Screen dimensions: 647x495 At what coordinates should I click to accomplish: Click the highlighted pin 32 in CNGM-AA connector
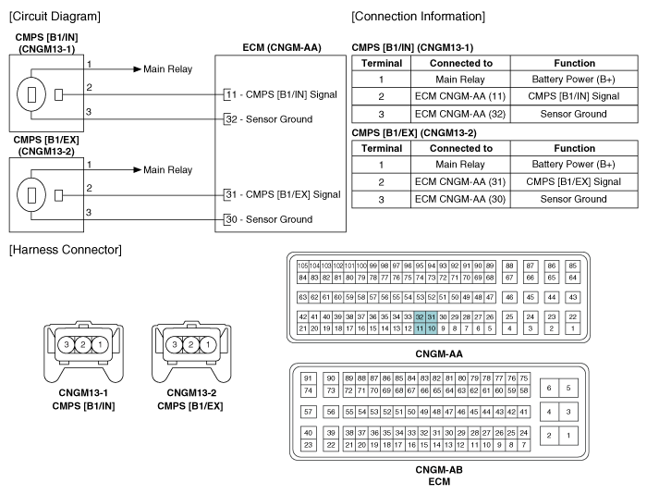(x=420, y=317)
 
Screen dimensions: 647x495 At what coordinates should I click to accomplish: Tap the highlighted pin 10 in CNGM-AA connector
(x=432, y=328)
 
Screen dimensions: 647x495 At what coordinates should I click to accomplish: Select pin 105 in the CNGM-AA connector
(x=302, y=266)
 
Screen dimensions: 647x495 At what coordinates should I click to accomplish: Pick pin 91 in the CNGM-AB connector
(x=308, y=378)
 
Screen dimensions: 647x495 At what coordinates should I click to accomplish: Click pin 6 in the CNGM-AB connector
(x=549, y=388)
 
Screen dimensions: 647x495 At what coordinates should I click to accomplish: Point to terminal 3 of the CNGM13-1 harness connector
(x=66, y=344)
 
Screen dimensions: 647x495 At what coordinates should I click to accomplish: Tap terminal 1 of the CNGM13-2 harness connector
(x=208, y=344)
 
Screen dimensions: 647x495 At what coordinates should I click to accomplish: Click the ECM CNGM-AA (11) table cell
(x=460, y=96)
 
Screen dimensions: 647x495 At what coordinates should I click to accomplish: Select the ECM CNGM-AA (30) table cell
(x=460, y=199)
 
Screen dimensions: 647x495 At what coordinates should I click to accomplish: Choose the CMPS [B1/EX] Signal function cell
(x=574, y=181)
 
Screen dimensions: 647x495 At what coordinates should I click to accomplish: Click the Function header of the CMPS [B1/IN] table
(x=574, y=63)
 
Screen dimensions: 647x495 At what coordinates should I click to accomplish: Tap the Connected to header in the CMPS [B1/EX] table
(x=461, y=148)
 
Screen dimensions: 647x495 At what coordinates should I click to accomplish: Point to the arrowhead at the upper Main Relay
(x=138, y=69)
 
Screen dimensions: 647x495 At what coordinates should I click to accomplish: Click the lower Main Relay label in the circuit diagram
(x=167, y=170)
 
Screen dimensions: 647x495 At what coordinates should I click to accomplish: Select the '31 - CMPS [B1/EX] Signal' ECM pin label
(x=283, y=194)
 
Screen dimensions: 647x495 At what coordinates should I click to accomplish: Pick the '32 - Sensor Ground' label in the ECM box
(x=269, y=119)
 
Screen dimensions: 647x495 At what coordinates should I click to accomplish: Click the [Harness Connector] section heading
(x=66, y=250)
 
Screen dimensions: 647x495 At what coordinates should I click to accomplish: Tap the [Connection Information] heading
(x=419, y=17)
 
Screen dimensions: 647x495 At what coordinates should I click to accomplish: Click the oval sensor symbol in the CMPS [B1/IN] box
(x=31, y=94)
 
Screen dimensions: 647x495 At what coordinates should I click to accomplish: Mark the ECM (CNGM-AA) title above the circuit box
(x=282, y=48)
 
